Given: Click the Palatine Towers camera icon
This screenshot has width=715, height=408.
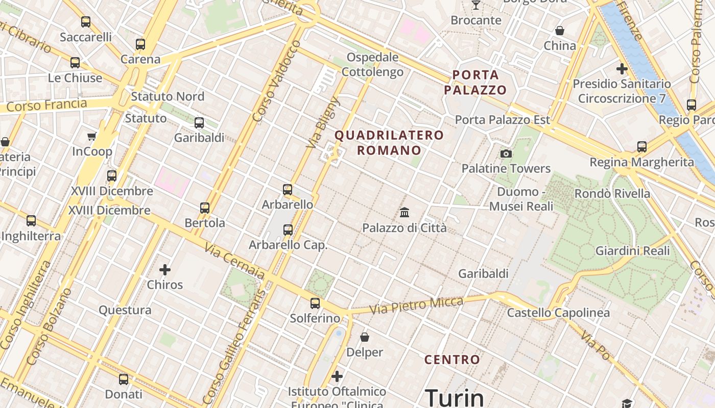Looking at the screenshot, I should pos(506,154).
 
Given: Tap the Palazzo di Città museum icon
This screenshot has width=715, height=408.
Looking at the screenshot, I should pos(404,212).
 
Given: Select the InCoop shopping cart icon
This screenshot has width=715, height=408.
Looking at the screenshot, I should pos(92,136).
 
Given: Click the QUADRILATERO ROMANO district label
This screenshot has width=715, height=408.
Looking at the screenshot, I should pos(389,143).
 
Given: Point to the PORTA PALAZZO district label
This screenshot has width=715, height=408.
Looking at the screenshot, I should pos(475,83).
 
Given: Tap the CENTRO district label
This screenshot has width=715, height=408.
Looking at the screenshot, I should pos(452,360).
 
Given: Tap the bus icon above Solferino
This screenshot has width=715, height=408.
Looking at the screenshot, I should pos(315,303).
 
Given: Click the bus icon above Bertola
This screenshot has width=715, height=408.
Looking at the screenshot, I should pos(205,208).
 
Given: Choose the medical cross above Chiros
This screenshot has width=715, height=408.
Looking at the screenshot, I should pos(165,269).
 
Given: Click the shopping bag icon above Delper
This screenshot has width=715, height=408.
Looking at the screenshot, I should pos(365,337).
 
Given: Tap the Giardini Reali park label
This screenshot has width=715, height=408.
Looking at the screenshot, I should pos(632,251).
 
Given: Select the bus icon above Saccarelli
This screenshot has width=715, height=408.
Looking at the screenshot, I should pos(86,22).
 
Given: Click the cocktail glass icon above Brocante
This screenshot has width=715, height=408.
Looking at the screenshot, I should pos(476,5).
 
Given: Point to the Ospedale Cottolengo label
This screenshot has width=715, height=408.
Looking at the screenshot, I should pos(372,64).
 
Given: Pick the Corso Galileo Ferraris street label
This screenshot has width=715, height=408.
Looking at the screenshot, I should pos(234,347).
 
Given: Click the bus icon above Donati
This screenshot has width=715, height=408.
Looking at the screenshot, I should pos(124,379).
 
